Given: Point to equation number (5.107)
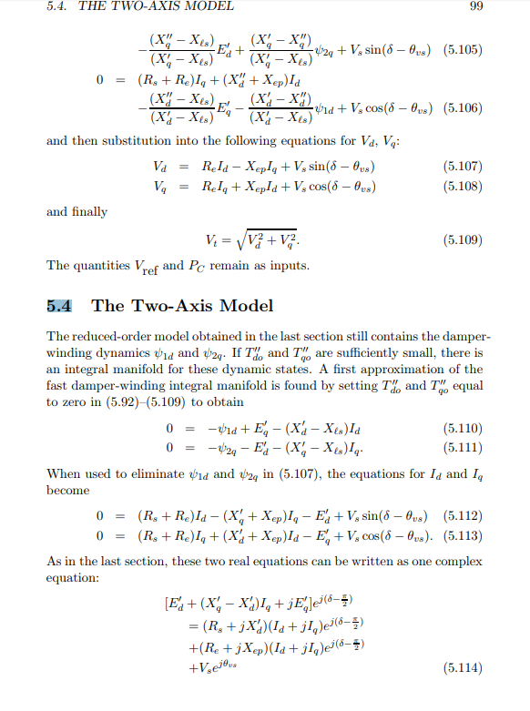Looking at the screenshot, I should click(x=462, y=168).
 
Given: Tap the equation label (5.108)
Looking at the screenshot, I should click(x=462, y=188).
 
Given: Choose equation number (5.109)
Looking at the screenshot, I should click(x=462, y=241).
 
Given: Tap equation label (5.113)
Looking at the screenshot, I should click(x=462, y=538).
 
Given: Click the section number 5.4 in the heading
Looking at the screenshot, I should click(x=61, y=306).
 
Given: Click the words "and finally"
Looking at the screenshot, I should click(x=76, y=211).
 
